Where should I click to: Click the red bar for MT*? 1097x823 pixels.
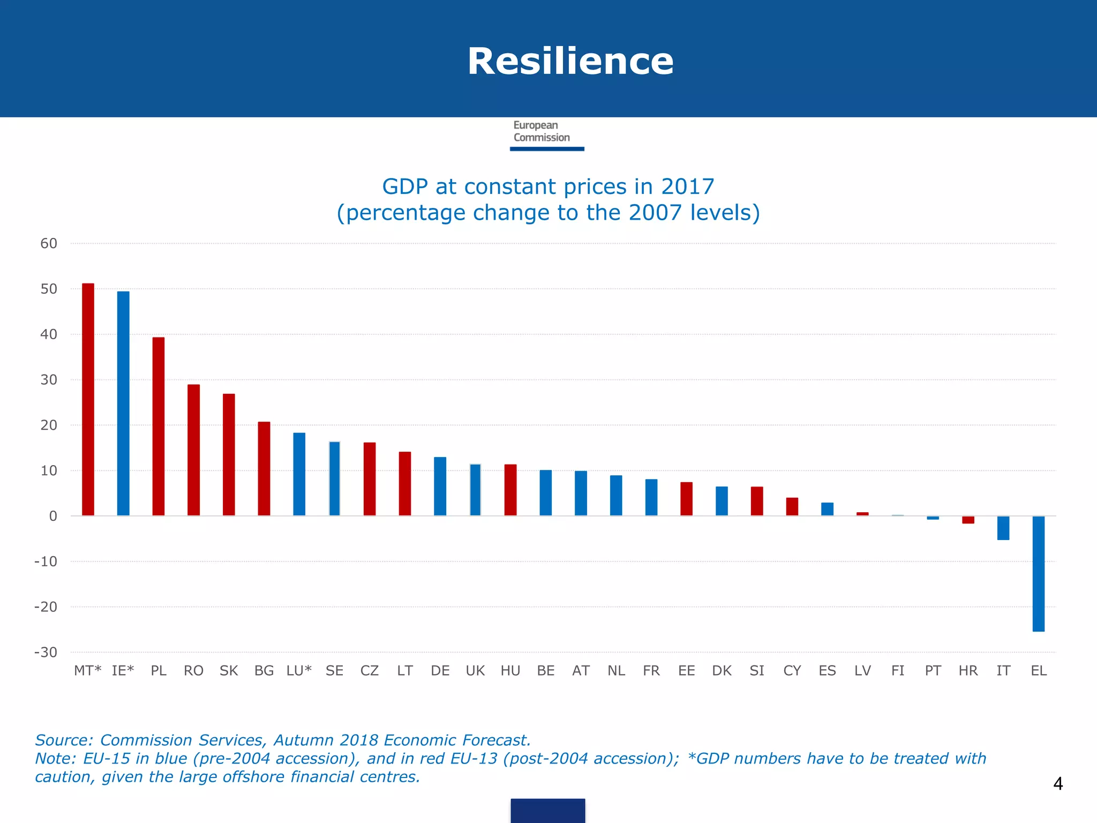[88, 399]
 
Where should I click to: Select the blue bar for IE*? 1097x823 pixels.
[123, 403]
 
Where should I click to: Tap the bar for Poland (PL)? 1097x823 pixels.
[159, 426]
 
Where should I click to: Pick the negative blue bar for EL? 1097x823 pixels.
[1038, 573]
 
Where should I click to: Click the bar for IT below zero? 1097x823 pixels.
[1003, 528]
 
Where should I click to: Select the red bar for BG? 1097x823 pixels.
[264, 469]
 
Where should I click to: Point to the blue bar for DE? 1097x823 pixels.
[440, 486]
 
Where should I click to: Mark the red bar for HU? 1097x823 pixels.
[510, 490]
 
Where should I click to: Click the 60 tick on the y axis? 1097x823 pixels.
[49, 244]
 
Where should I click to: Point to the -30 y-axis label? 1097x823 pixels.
[46, 653]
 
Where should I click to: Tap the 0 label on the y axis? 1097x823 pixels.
[53, 517]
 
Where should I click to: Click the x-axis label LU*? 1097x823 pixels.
[299, 671]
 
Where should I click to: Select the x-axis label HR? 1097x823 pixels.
[968, 671]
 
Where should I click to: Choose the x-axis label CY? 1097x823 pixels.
[792, 671]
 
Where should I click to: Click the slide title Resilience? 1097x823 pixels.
[570, 61]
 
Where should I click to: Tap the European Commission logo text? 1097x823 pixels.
[541, 132]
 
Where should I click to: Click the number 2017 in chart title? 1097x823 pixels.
[687, 187]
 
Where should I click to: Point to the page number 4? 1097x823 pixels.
[1057, 784]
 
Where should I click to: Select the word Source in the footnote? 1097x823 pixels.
[62, 740]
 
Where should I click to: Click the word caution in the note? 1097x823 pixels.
[64, 777]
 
